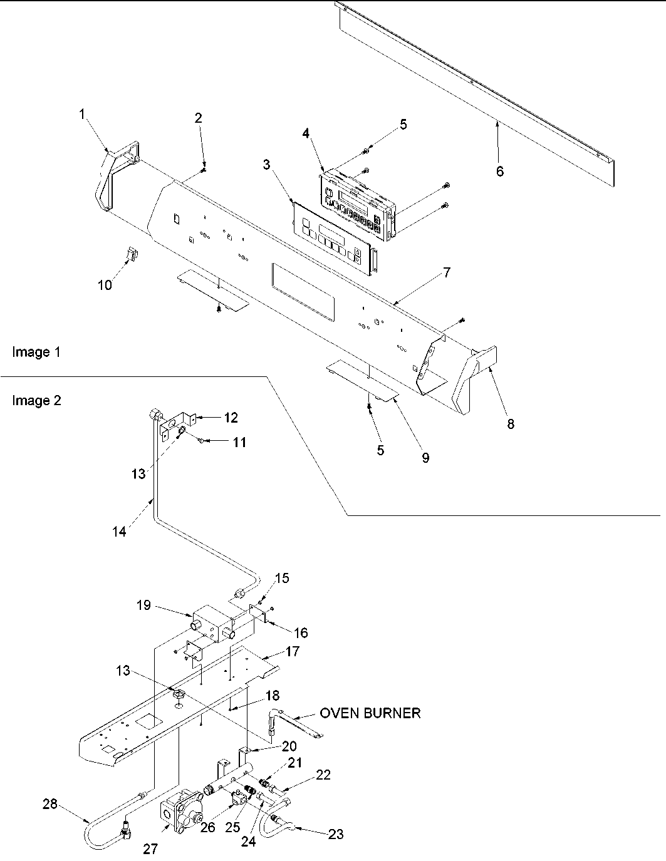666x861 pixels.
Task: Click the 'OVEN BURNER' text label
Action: click(370, 713)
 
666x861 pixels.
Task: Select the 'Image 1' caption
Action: click(36, 353)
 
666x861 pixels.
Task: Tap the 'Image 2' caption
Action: click(36, 401)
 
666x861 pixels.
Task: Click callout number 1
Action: click(81, 113)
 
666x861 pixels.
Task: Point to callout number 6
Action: click(499, 171)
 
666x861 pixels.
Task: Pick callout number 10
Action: click(105, 285)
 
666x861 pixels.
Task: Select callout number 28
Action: click(49, 804)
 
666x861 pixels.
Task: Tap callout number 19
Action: click(144, 605)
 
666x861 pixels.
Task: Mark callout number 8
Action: click(511, 424)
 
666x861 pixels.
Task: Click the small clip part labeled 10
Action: click(132, 254)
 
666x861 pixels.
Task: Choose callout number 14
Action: click(119, 531)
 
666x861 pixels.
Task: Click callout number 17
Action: click(292, 651)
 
